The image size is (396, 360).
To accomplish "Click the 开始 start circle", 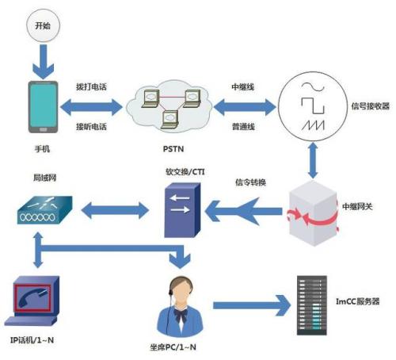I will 43,26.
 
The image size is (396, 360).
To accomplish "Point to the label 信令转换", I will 250,183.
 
